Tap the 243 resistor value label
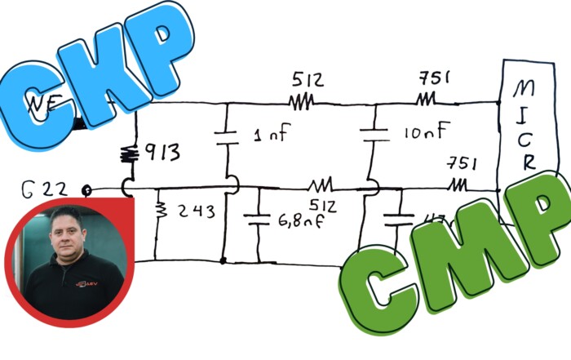point(195,211)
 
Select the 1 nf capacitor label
point(270,136)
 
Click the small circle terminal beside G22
point(87,193)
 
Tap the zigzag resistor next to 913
point(129,153)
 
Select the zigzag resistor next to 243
point(160,211)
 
